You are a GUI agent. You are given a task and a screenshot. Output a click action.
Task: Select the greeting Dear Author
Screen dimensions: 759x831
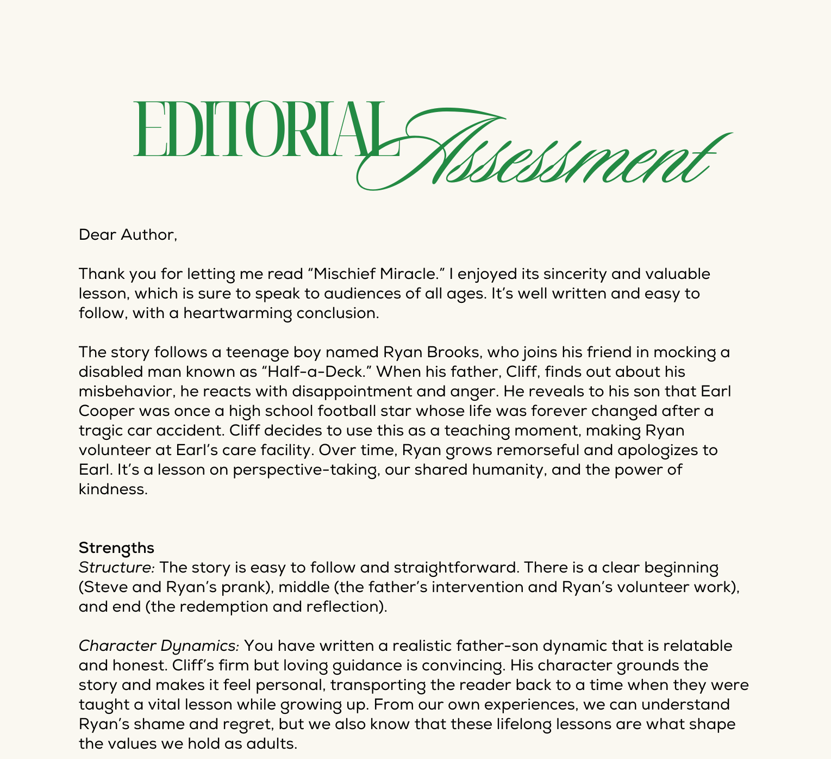(128, 235)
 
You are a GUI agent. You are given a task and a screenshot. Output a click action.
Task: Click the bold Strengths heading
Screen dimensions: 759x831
(116, 547)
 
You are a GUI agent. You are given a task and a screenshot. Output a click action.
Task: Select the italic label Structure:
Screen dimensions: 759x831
(117, 568)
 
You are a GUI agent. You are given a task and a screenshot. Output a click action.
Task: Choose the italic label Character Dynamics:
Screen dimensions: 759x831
(159, 646)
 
